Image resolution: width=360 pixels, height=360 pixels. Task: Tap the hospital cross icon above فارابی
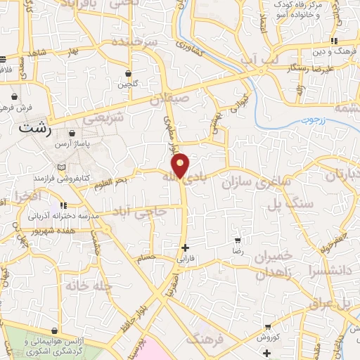tap(185, 247)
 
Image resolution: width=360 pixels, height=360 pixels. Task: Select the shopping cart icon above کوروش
tap(268, 327)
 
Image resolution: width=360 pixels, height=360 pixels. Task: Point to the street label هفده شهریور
tap(26, 231)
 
